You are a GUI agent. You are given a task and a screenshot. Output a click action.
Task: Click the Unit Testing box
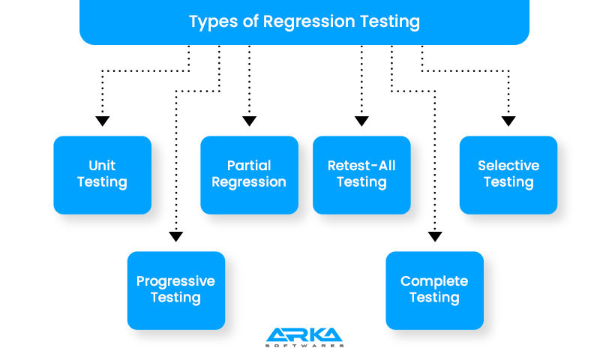click(x=102, y=174)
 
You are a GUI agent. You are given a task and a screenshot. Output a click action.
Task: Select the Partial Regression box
click(x=249, y=174)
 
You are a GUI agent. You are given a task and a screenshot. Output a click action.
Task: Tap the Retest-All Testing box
click(x=361, y=174)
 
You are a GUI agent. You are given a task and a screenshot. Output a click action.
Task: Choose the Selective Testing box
click(x=508, y=174)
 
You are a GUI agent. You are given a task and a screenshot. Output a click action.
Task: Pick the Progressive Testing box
click(x=175, y=289)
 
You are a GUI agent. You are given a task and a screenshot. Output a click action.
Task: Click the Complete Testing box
click(x=434, y=289)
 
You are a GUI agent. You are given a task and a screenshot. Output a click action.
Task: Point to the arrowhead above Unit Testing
click(x=103, y=121)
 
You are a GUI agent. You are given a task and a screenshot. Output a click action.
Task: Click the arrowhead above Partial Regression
click(x=250, y=121)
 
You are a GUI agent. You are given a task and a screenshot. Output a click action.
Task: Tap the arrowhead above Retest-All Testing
click(x=361, y=121)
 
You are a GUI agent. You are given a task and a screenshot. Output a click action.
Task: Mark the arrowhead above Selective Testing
click(x=508, y=121)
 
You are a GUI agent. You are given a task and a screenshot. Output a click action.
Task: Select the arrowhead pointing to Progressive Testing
click(x=176, y=236)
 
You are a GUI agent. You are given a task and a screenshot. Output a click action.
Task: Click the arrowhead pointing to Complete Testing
click(x=435, y=236)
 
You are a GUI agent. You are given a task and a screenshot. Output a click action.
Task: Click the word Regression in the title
click(x=307, y=22)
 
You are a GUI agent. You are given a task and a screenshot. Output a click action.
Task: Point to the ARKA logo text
click(x=304, y=334)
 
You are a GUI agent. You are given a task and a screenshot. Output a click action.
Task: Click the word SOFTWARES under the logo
click(x=304, y=346)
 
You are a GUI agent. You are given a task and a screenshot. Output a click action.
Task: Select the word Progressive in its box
click(x=175, y=281)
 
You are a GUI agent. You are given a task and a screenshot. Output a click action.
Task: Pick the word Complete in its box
click(x=434, y=281)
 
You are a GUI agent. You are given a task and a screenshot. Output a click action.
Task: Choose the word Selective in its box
click(x=508, y=166)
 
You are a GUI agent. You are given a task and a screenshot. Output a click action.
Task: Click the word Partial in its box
click(x=249, y=166)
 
